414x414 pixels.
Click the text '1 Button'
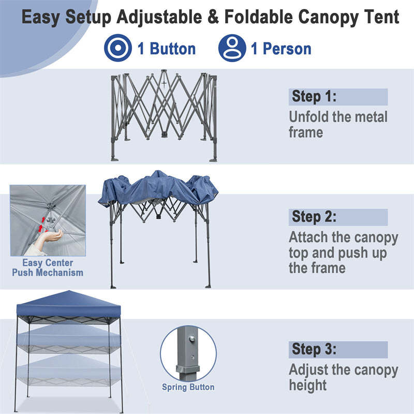click(166, 49)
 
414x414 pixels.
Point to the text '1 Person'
click(281, 49)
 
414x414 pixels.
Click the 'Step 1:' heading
click(314, 97)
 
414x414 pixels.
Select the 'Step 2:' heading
click(314, 217)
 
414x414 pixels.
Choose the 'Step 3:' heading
click(314, 349)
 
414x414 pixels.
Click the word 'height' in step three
click(308, 385)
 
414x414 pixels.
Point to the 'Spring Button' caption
click(188, 387)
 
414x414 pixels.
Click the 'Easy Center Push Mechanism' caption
click(48, 268)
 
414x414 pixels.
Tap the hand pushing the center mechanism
click(51, 238)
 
